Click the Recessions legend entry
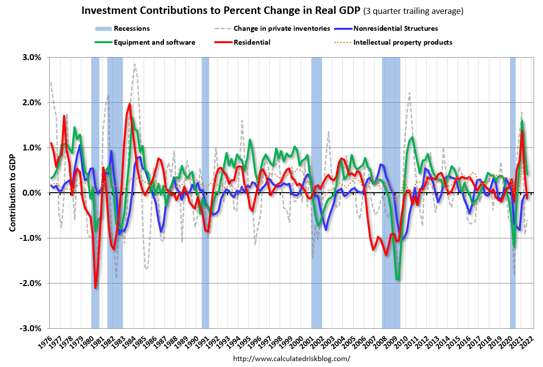tap(132, 29)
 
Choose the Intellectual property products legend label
tap(402, 42)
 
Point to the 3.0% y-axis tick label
tap(32, 57)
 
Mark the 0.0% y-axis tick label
tap(32, 193)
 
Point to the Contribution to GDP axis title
tap(13, 193)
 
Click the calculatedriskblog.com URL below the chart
tap(292, 358)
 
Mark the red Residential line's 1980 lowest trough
tap(95, 288)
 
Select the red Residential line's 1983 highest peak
tap(130, 104)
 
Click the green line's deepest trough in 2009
tap(397, 279)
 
